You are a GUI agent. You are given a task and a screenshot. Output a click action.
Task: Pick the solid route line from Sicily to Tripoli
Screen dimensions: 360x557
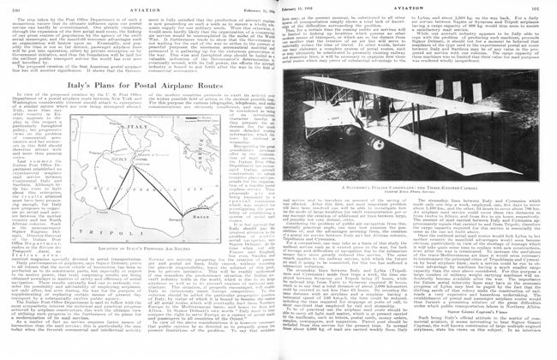point(120,188)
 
